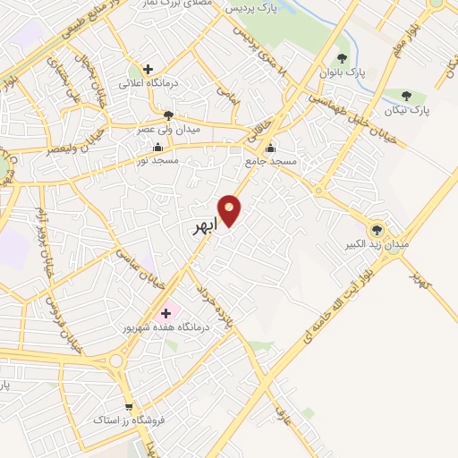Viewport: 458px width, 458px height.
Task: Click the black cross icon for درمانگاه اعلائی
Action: coord(148,69)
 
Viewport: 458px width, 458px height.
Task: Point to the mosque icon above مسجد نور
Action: coord(158,148)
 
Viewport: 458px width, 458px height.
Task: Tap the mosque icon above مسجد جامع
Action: coord(269,148)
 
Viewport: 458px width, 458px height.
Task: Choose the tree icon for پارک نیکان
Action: coord(407,96)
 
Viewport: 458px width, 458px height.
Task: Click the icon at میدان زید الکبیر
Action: coord(377,229)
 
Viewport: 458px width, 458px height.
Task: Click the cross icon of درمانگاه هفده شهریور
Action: coord(165,313)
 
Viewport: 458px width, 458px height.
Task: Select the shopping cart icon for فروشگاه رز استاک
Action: coord(131,405)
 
